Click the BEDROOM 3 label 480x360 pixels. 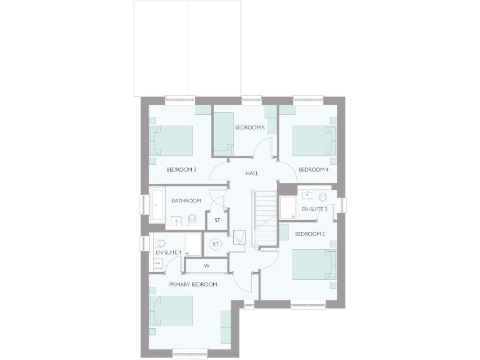(181, 169)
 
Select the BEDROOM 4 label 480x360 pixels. (314, 169)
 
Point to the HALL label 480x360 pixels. (251, 173)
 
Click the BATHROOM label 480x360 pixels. (186, 201)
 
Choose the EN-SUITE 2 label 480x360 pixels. (314, 209)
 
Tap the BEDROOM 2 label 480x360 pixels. (310, 234)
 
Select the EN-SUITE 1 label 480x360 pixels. (167, 252)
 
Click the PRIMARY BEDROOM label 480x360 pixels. (192, 284)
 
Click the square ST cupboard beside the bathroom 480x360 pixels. (217, 220)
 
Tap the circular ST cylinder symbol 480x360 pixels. (216, 244)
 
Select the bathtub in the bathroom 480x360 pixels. (156, 204)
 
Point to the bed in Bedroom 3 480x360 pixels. (172, 141)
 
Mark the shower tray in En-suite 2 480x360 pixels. (288, 207)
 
